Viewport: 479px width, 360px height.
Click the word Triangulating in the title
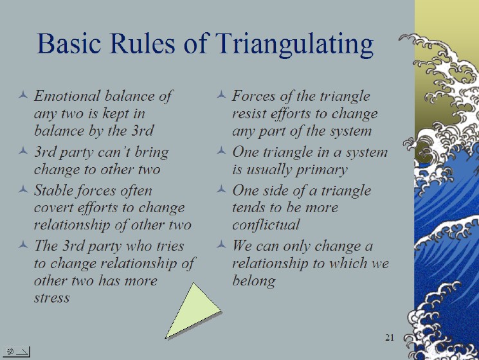pyautogui.click(x=294, y=44)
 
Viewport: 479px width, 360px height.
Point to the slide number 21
pyautogui.click(x=390, y=337)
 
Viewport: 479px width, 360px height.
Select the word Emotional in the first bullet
pyautogui.click(x=68, y=96)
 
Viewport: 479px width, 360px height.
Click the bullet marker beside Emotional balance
pyautogui.click(x=23, y=95)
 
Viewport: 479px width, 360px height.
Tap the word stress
pyautogui.click(x=51, y=298)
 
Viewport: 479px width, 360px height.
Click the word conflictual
pyautogui.click(x=266, y=225)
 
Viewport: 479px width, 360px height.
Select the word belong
pyautogui.click(x=254, y=281)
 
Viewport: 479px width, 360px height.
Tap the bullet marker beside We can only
pyautogui.click(x=221, y=244)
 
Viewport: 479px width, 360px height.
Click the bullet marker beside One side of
pyautogui.click(x=221, y=190)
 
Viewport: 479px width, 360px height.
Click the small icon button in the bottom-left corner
pyautogui.click(x=17, y=352)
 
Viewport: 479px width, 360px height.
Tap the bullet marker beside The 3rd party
pyautogui.click(x=23, y=244)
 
